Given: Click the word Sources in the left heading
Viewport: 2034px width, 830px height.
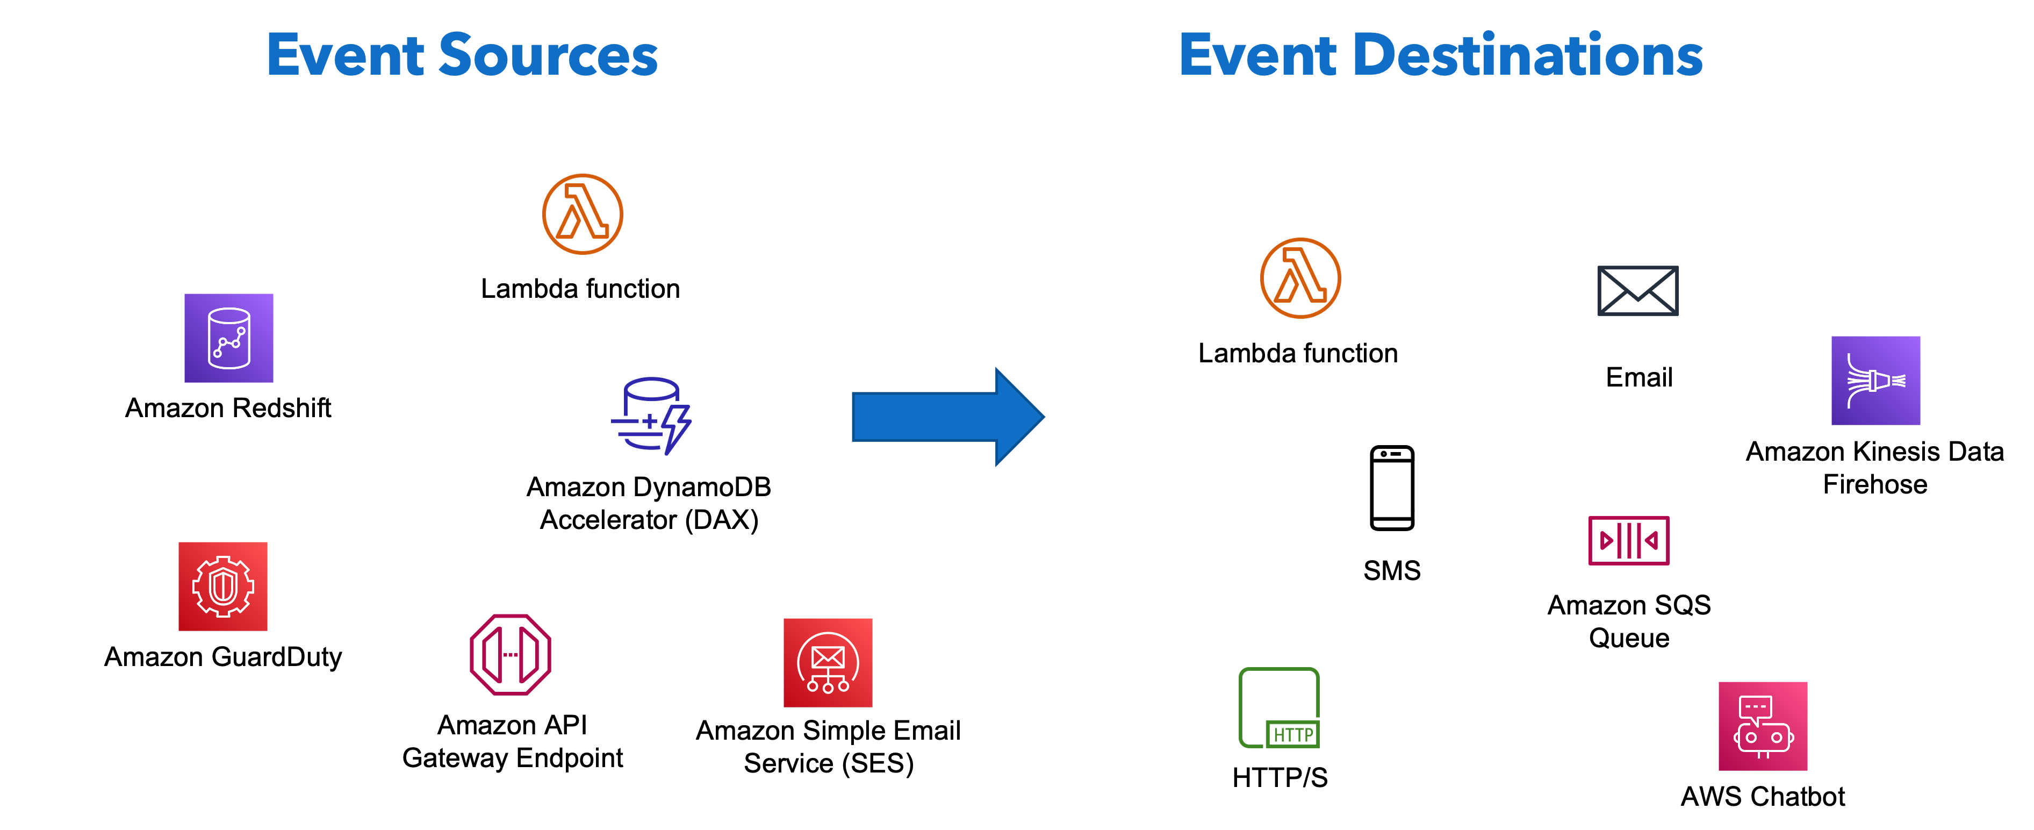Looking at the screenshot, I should [547, 55].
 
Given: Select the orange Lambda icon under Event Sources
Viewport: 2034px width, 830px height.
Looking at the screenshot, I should [583, 214].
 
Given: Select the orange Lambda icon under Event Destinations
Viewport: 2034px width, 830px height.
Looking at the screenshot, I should [1300, 278].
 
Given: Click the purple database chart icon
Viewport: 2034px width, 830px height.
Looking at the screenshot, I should [229, 338].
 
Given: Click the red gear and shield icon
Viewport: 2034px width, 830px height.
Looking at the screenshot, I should [222, 586].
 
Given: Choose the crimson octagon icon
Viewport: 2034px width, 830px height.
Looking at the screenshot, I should [510, 655].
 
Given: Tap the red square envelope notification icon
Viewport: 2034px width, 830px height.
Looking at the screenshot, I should [828, 663].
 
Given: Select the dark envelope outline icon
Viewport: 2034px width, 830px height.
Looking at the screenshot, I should [1637, 291].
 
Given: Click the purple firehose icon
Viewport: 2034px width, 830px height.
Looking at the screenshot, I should [1875, 381].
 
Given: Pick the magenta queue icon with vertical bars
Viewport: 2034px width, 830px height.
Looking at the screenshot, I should [1628, 540].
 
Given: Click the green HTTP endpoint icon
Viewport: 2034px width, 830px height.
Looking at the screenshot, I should [1278, 707].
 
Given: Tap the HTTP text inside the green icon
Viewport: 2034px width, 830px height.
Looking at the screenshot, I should [1292, 735].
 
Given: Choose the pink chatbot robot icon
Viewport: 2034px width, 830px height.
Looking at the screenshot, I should [1763, 726].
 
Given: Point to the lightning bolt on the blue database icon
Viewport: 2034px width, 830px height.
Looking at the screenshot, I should [676, 429].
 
